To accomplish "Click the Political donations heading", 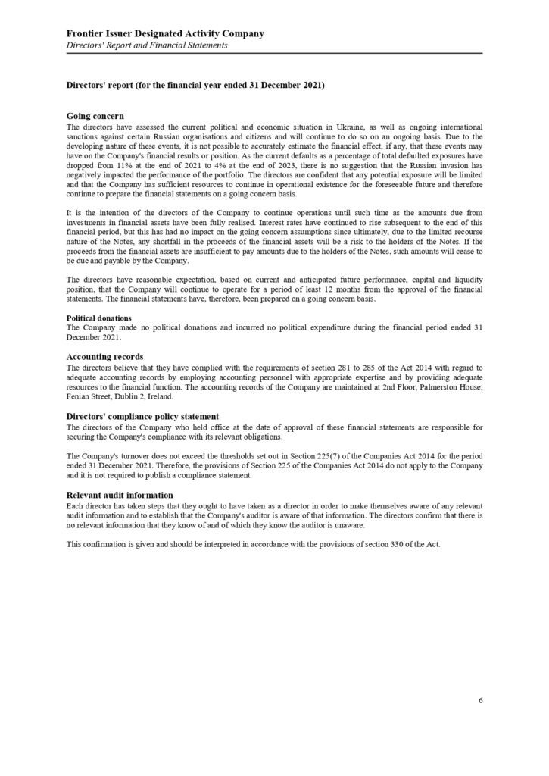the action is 98,318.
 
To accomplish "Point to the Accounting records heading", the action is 104,356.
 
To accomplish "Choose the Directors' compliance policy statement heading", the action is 143,416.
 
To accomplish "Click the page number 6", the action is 480,700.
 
